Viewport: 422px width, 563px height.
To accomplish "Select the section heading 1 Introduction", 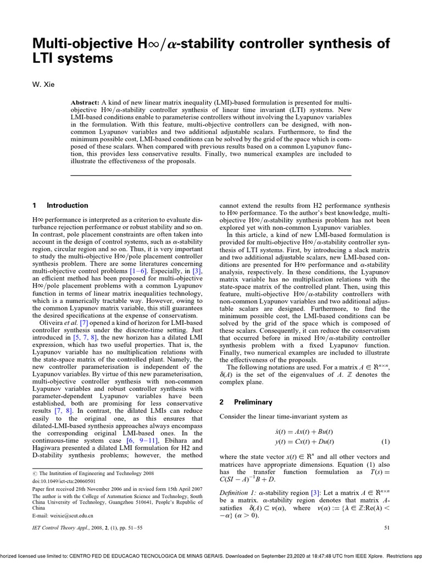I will [x=60, y=206].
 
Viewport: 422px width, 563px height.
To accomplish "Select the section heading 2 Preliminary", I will [x=242, y=402].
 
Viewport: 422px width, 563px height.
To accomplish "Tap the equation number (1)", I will [x=385, y=441].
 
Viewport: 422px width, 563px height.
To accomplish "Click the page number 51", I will [x=385, y=528].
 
